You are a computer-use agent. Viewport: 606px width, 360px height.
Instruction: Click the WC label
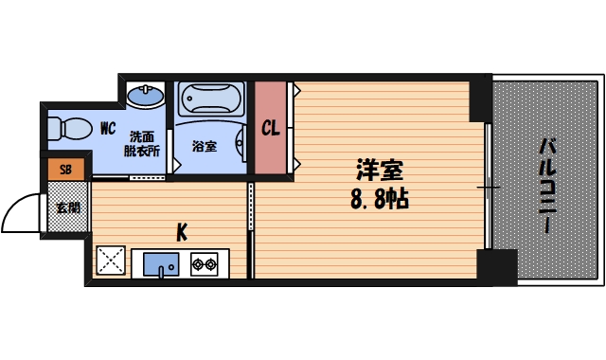pyautogui.click(x=107, y=127)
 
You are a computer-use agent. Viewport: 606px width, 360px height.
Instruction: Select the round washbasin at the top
pyautogui.click(x=146, y=96)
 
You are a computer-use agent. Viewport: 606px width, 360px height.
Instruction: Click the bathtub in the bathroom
pyautogui.click(x=210, y=99)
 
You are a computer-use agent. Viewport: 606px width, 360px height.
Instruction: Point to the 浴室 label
pyautogui.click(x=204, y=146)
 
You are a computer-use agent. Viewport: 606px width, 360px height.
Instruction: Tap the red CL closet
pyautogui.click(x=271, y=128)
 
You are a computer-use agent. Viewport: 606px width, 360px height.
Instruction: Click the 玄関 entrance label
pyautogui.click(x=66, y=207)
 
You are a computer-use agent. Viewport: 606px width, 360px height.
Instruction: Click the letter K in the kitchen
pyautogui.click(x=181, y=230)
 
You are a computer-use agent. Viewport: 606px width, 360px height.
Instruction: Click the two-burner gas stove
pyautogui.click(x=205, y=262)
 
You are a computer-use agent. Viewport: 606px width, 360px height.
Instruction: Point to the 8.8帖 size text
pyautogui.click(x=380, y=201)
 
